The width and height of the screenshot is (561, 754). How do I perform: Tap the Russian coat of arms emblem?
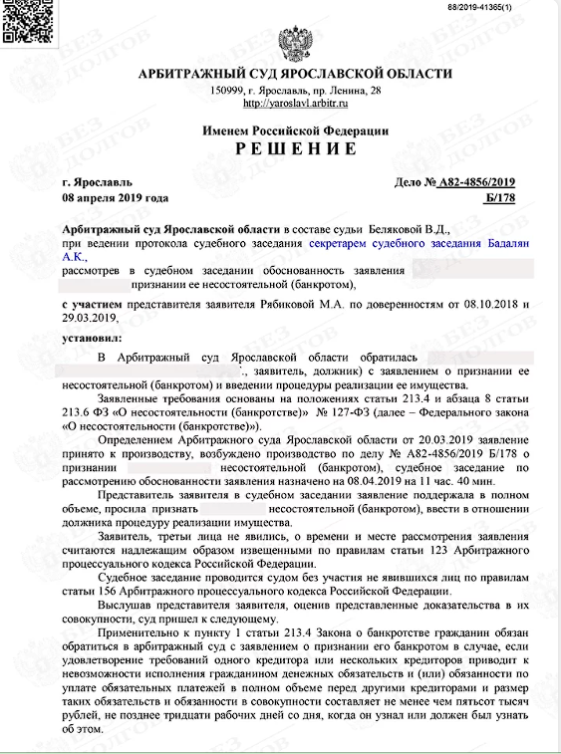(x=294, y=46)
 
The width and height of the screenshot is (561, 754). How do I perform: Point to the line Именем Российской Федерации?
(x=294, y=130)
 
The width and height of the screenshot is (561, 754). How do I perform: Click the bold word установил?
(x=90, y=337)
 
